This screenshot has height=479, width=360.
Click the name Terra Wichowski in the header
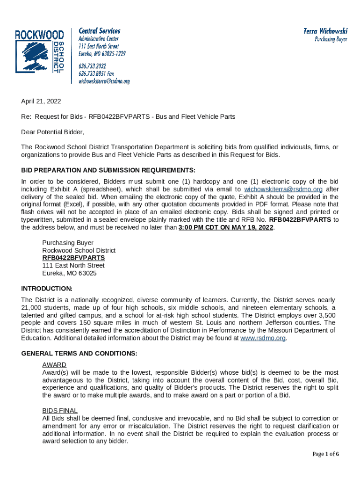[325, 31]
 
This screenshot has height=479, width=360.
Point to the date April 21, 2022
[41, 101]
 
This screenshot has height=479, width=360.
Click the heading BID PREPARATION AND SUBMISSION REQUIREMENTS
[108, 170]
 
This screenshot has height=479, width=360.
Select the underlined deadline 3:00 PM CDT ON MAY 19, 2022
[226, 227]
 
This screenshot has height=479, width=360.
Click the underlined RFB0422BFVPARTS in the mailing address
[73, 258]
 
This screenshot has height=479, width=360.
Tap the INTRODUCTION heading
[47, 288]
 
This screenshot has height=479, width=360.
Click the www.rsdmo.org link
[262, 338]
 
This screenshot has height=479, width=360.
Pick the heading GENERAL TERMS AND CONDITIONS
[79, 353]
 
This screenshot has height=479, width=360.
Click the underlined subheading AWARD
[54, 364]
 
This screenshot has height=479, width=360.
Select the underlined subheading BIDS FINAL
[60, 410]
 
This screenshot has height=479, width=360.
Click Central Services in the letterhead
[99, 31]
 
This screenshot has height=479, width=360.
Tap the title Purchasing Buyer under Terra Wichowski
[331, 40]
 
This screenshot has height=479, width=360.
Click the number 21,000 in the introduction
[32, 307]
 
